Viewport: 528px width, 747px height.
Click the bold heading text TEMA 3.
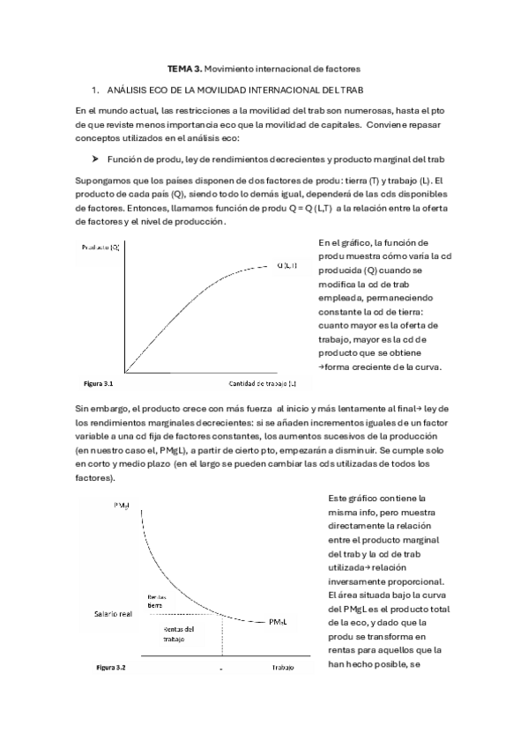click(183, 68)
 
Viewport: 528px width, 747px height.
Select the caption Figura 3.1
click(97, 384)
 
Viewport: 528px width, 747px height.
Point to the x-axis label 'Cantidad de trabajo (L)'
click(263, 384)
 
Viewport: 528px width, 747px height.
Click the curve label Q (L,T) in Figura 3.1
click(287, 265)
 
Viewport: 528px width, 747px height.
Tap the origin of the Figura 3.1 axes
click(125, 372)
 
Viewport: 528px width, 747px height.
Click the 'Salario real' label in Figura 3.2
click(108, 613)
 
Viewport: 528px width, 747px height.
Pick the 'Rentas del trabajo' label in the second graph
click(179, 634)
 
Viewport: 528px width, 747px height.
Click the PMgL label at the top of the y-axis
click(123, 506)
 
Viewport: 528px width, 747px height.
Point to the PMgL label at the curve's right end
click(280, 622)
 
